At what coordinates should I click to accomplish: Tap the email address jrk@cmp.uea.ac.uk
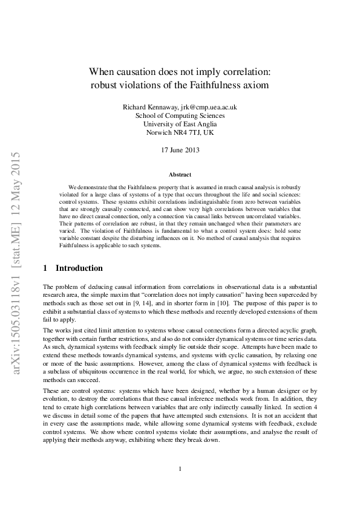point(205,107)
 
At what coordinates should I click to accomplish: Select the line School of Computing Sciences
point(180,115)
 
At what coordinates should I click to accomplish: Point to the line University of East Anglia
point(180,124)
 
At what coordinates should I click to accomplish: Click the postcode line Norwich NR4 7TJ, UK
point(180,132)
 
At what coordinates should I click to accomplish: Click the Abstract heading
point(180,174)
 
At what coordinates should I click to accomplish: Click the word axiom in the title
point(257,85)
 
